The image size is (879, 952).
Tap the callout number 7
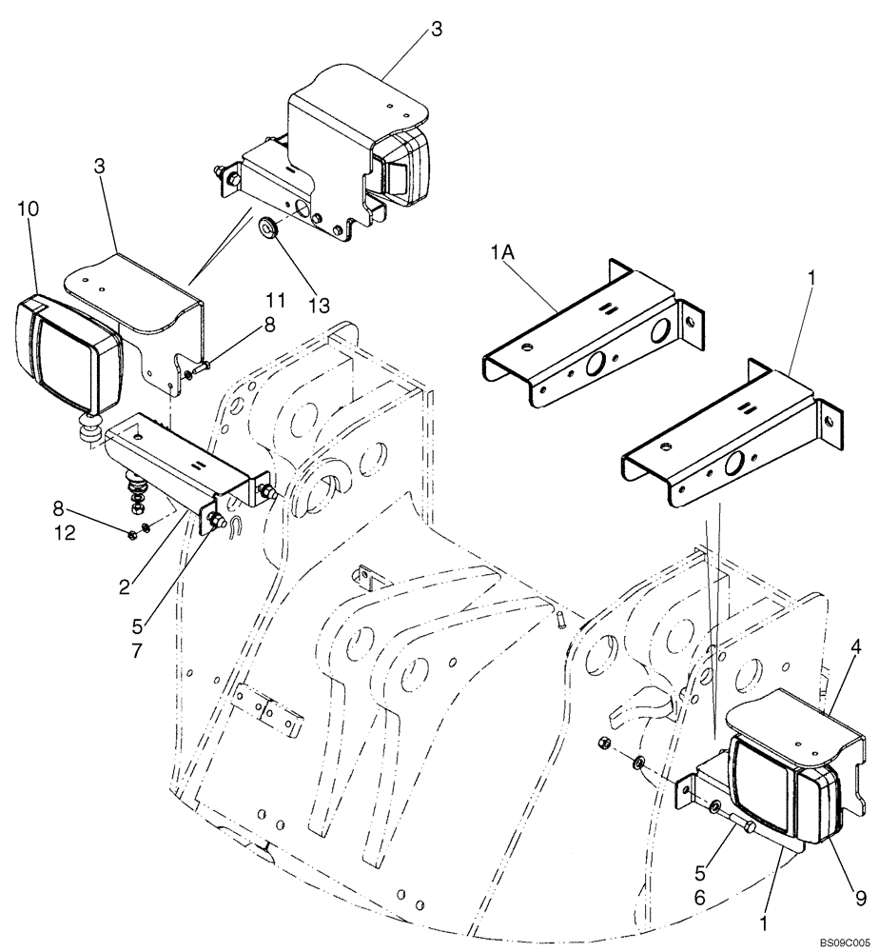pos(165,652)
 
